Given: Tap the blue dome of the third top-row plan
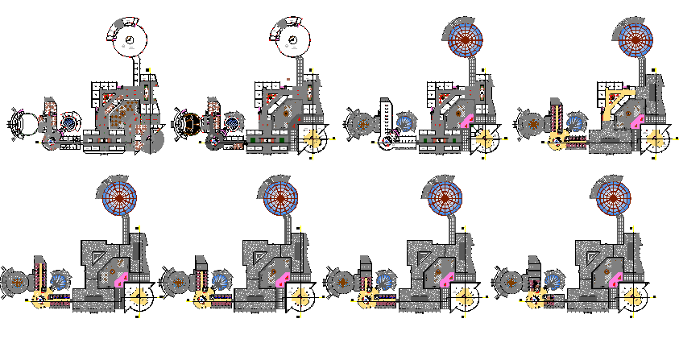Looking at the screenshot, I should pyautogui.click(x=463, y=35).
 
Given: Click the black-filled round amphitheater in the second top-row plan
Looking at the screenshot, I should pyautogui.click(x=191, y=125).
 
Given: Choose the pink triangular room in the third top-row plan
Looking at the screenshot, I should pyautogui.click(x=469, y=122).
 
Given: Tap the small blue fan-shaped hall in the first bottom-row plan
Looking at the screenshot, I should pyautogui.click(x=60, y=281).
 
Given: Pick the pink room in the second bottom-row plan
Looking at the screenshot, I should pyautogui.click(x=284, y=279).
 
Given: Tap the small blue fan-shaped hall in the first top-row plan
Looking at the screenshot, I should pyautogui.click(x=71, y=123).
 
